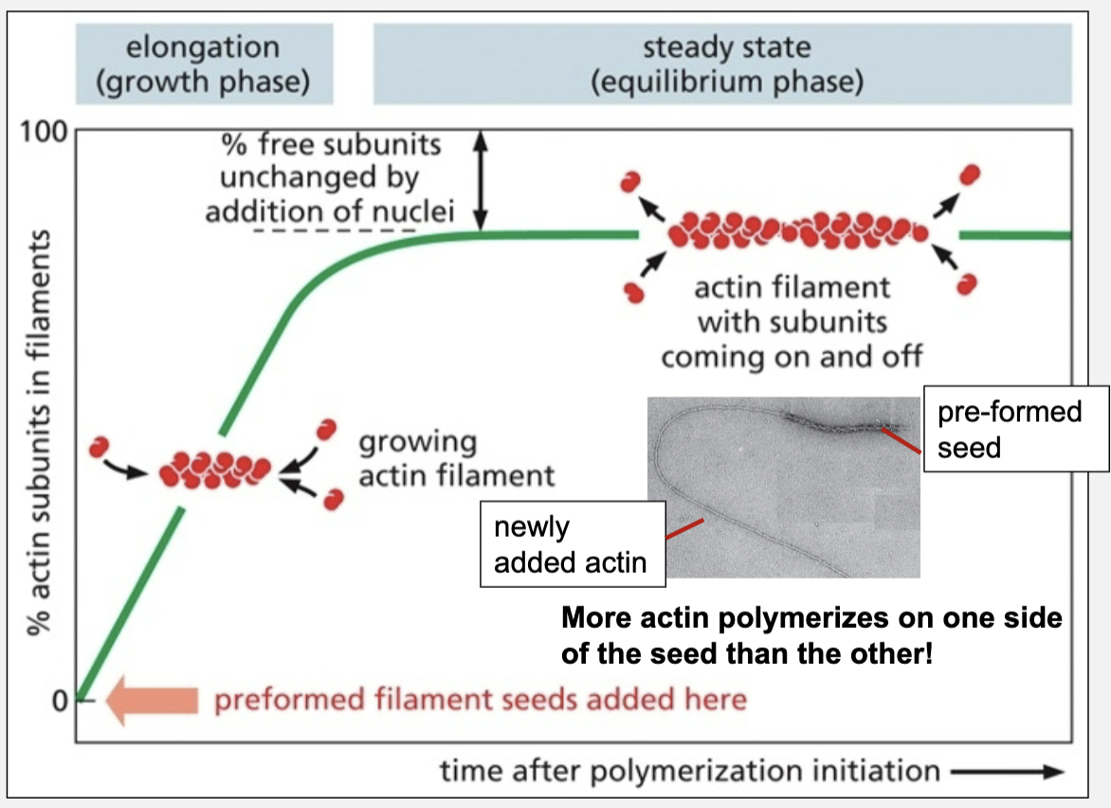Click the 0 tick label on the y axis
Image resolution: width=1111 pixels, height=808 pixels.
coord(59,701)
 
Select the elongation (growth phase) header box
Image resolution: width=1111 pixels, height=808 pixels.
coord(204,64)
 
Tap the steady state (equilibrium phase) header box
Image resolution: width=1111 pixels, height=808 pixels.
coord(725,64)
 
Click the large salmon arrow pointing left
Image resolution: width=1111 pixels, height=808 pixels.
coord(152,701)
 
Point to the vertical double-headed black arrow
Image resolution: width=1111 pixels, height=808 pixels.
coord(481,181)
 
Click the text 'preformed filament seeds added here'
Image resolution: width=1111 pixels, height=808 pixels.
coord(480,701)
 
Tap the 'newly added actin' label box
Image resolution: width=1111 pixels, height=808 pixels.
coord(571,545)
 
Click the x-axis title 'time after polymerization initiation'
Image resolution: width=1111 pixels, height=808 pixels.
coord(689,770)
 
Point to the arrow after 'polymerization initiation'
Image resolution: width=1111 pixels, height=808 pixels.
coord(1007,772)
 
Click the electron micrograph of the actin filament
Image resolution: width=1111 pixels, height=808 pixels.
coord(783,487)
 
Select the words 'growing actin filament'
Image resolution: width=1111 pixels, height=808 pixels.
coord(455,458)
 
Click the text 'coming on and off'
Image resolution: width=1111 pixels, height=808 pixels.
coord(792,358)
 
